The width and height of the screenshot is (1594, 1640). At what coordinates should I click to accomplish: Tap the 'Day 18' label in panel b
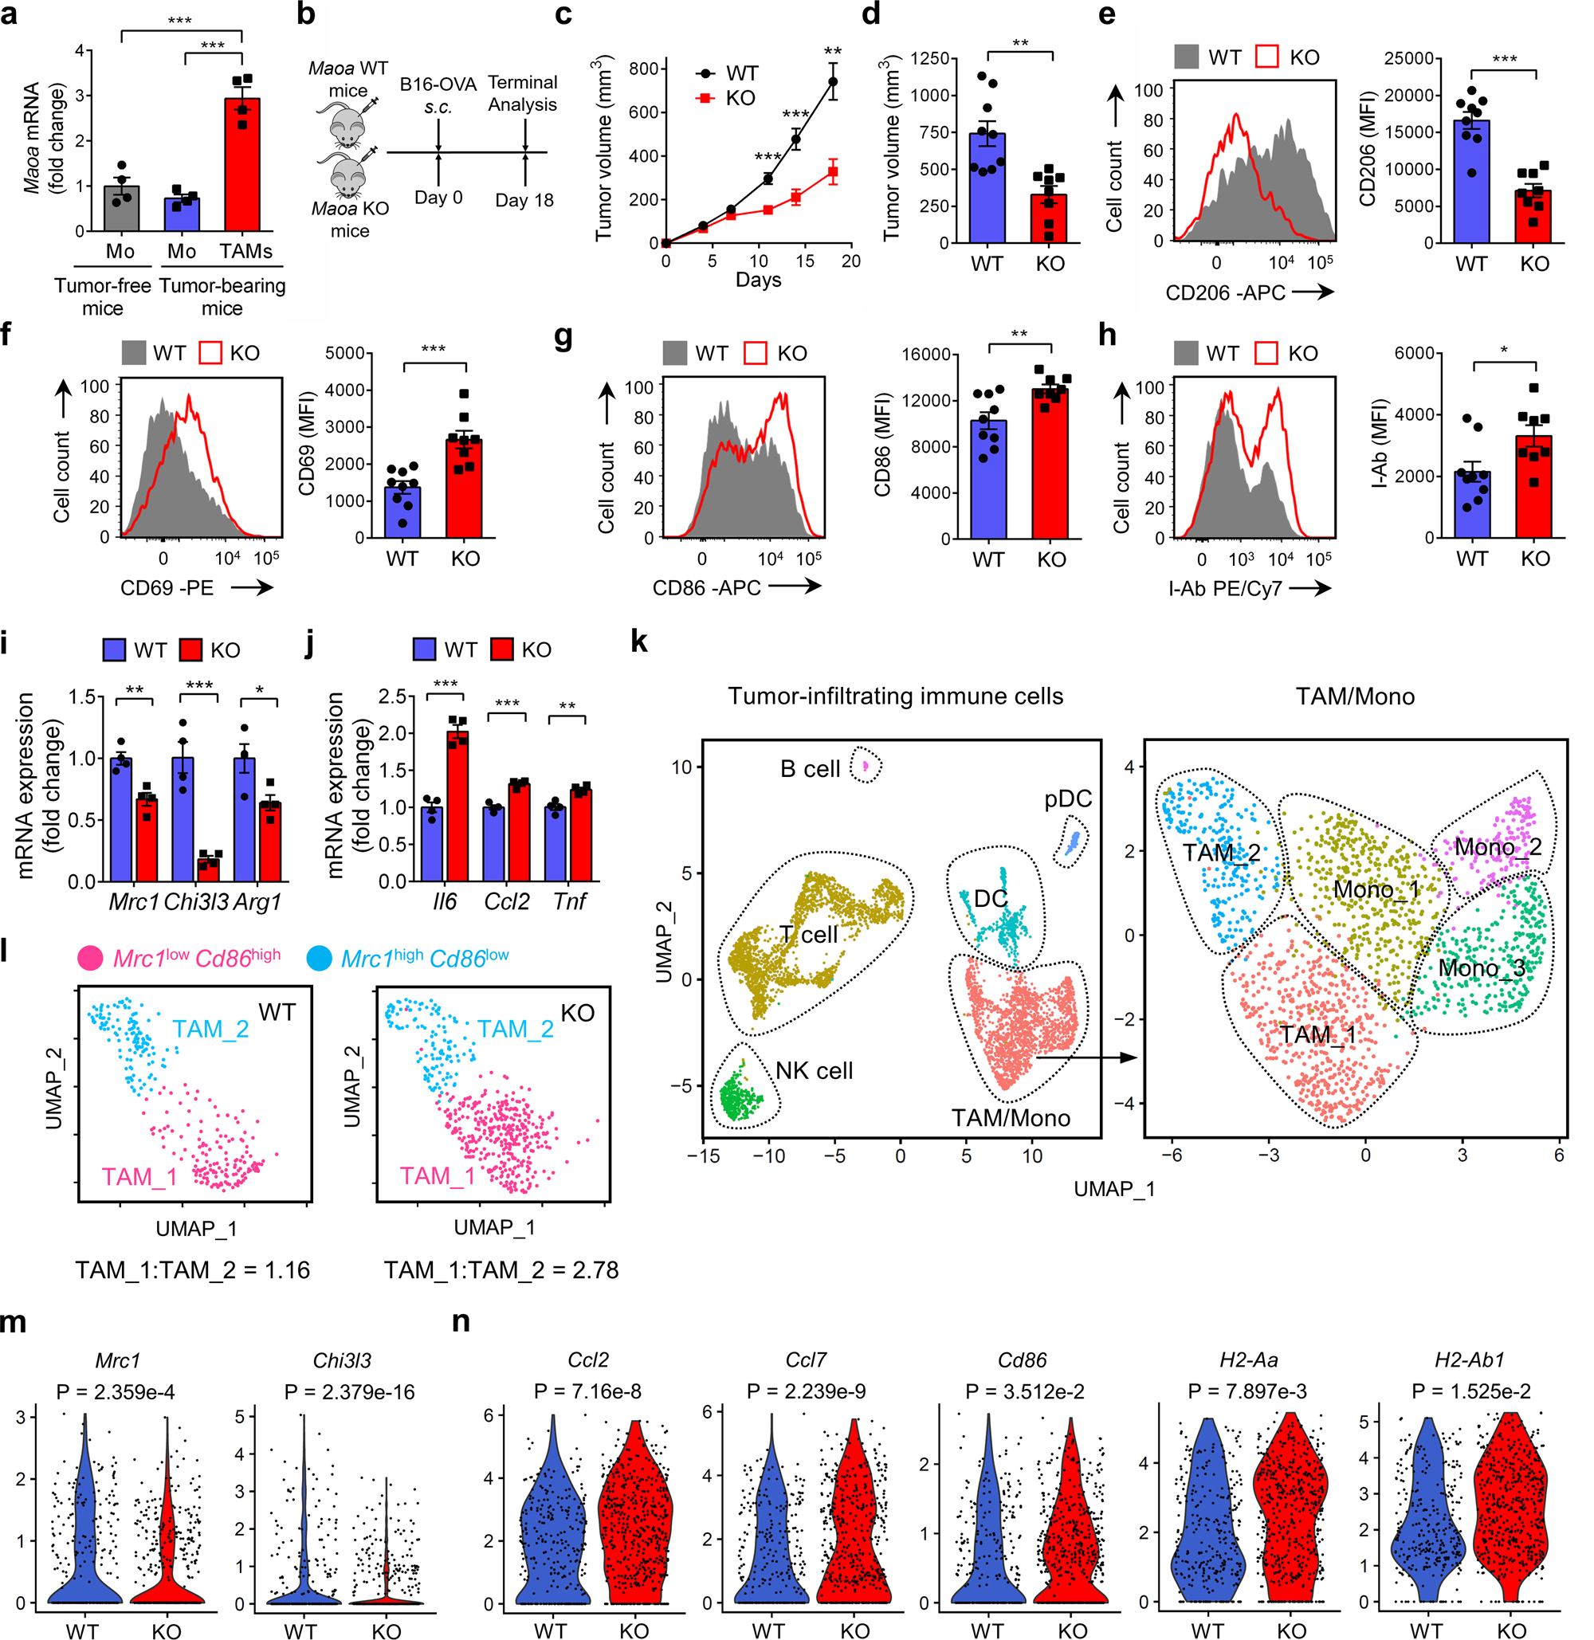[x=524, y=200]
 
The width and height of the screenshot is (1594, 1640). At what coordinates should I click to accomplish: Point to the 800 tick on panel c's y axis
[x=643, y=69]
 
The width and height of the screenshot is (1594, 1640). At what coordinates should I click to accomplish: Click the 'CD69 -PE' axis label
[x=167, y=587]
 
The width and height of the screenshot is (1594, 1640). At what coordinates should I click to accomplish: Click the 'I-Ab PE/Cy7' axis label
[x=1225, y=589]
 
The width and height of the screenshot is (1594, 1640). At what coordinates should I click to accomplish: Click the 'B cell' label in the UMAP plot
[x=809, y=768]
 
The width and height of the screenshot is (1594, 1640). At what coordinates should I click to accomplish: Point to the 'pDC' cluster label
[x=1067, y=798]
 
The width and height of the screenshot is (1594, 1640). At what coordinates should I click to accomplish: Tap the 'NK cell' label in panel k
[x=814, y=1071]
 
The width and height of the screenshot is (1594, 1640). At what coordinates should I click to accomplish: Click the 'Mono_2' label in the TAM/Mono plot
[x=1498, y=847]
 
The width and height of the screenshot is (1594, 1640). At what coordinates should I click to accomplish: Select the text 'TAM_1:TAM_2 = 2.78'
[x=501, y=1270]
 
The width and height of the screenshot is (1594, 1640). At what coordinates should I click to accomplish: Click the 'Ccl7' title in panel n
[x=806, y=1360]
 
